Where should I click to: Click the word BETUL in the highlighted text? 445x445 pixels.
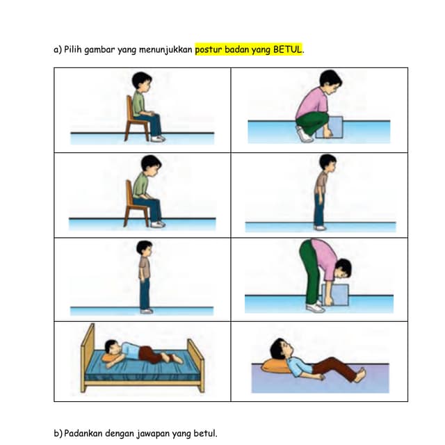click(x=288, y=50)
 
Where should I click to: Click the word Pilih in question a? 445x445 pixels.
click(x=74, y=50)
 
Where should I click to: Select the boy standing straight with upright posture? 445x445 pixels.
click(x=144, y=275)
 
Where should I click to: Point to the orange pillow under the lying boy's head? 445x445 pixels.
click(x=276, y=366)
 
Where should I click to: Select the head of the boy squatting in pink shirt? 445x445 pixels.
click(x=330, y=79)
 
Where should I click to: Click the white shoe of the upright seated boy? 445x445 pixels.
click(x=158, y=138)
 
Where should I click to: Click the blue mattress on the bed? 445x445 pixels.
click(x=143, y=373)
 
